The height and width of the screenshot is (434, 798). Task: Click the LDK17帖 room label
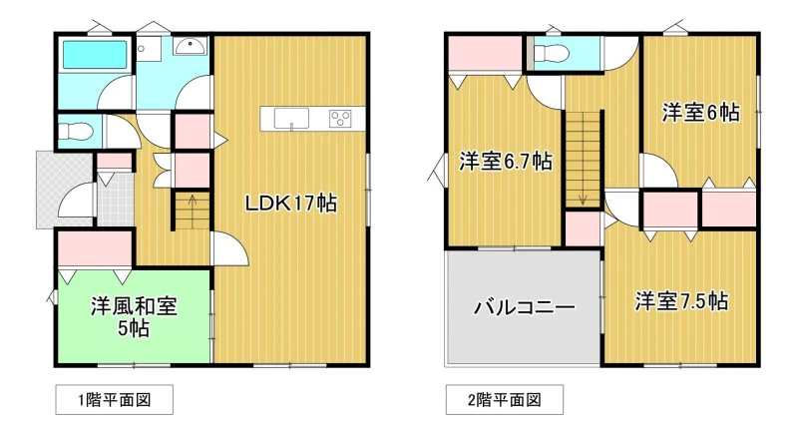(x=290, y=204)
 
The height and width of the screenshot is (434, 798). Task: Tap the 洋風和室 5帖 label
(x=134, y=317)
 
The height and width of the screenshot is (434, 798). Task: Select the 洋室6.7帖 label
(x=506, y=162)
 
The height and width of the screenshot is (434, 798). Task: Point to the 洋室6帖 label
(x=700, y=113)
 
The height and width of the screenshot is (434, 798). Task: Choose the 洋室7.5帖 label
(x=681, y=301)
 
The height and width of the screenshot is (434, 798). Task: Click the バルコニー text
(x=525, y=307)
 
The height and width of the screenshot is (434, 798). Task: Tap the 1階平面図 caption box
(x=114, y=400)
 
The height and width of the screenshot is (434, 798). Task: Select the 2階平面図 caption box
(x=505, y=400)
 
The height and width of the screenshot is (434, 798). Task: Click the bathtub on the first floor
(x=95, y=55)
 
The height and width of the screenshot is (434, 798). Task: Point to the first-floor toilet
(x=75, y=132)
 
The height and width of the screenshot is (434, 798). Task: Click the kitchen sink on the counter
(x=291, y=119)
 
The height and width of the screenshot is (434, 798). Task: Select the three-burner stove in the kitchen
(x=340, y=119)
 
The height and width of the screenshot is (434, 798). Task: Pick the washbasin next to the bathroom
(x=190, y=47)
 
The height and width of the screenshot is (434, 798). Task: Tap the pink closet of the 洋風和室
(x=95, y=248)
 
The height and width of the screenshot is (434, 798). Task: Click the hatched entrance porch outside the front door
(x=65, y=190)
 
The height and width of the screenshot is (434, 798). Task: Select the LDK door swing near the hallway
(x=230, y=248)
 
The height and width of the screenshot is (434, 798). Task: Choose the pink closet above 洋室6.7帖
(x=486, y=55)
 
